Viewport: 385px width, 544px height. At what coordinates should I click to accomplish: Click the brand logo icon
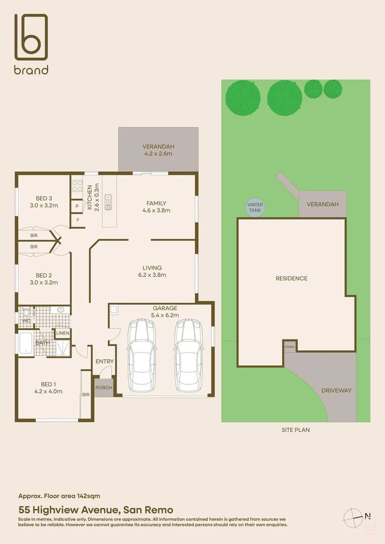point(31,38)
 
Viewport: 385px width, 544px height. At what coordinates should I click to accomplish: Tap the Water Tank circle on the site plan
point(255,208)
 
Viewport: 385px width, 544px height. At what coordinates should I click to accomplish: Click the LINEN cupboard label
point(62,333)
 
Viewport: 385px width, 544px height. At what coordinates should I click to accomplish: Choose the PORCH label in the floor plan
point(104,388)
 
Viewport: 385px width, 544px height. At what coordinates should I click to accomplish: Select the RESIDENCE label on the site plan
point(291,278)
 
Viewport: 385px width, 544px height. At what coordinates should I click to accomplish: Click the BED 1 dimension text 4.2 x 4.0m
point(48,391)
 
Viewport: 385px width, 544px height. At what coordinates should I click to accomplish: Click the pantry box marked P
point(78,207)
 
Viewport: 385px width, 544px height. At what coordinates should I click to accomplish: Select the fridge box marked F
point(78,220)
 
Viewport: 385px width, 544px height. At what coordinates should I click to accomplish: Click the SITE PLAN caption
point(295,430)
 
